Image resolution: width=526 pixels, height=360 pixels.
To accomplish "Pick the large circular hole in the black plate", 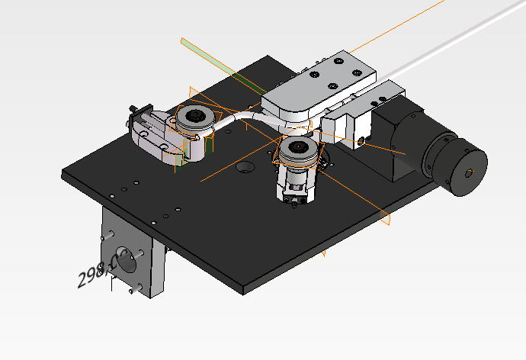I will point(245,167).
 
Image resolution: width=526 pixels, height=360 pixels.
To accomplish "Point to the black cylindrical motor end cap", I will point(455,165).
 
